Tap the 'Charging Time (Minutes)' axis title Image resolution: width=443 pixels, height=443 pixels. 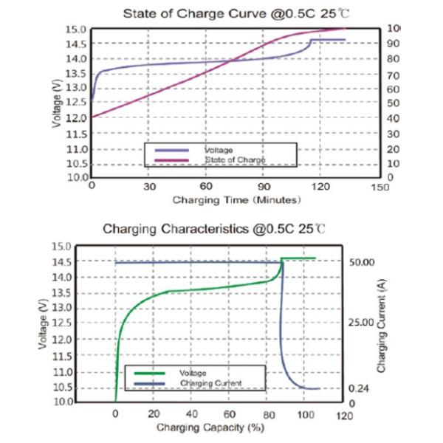click(236, 200)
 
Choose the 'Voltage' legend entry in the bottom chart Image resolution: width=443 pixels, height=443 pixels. click(192, 374)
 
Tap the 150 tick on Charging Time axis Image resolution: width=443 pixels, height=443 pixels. click(379, 188)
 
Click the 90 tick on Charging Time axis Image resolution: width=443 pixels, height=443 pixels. click(264, 188)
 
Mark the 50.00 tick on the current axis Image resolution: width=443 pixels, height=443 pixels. click(361, 262)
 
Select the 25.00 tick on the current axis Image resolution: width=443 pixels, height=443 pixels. click(361, 323)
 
